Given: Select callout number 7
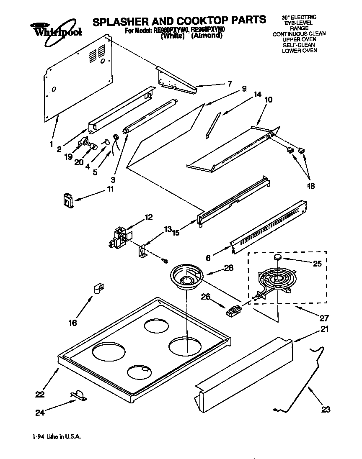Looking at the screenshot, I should coord(229,83).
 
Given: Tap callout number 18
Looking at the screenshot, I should coord(310,186).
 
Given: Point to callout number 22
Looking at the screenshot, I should coord(40,394).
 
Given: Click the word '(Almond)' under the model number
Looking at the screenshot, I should coord(207,36).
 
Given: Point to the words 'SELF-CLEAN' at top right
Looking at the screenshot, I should coord(299,45).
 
